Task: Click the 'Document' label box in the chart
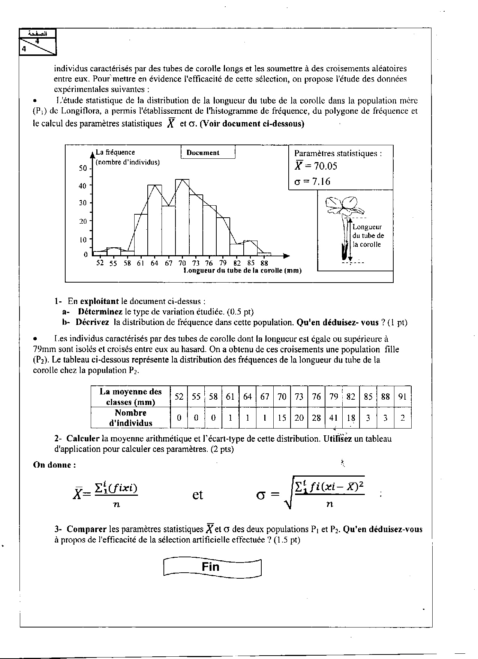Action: [x=208, y=153]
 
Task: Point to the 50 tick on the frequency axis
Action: [x=84, y=168]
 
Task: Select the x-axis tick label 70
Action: [x=182, y=263]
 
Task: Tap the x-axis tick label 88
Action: [x=264, y=263]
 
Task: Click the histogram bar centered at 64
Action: [x=154, y=220]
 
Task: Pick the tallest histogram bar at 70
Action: [x=182, y=218]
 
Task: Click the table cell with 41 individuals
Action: [x=333, y=418]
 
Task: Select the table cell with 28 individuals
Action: [x=316, y=418]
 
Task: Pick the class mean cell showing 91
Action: [x=402, y=397]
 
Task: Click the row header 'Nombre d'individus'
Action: [x=130, y=418]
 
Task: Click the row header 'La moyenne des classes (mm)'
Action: [x=130, y=397]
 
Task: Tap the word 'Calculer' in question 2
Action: [x=82, y=439]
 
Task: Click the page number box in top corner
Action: [x=37, y=42]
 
